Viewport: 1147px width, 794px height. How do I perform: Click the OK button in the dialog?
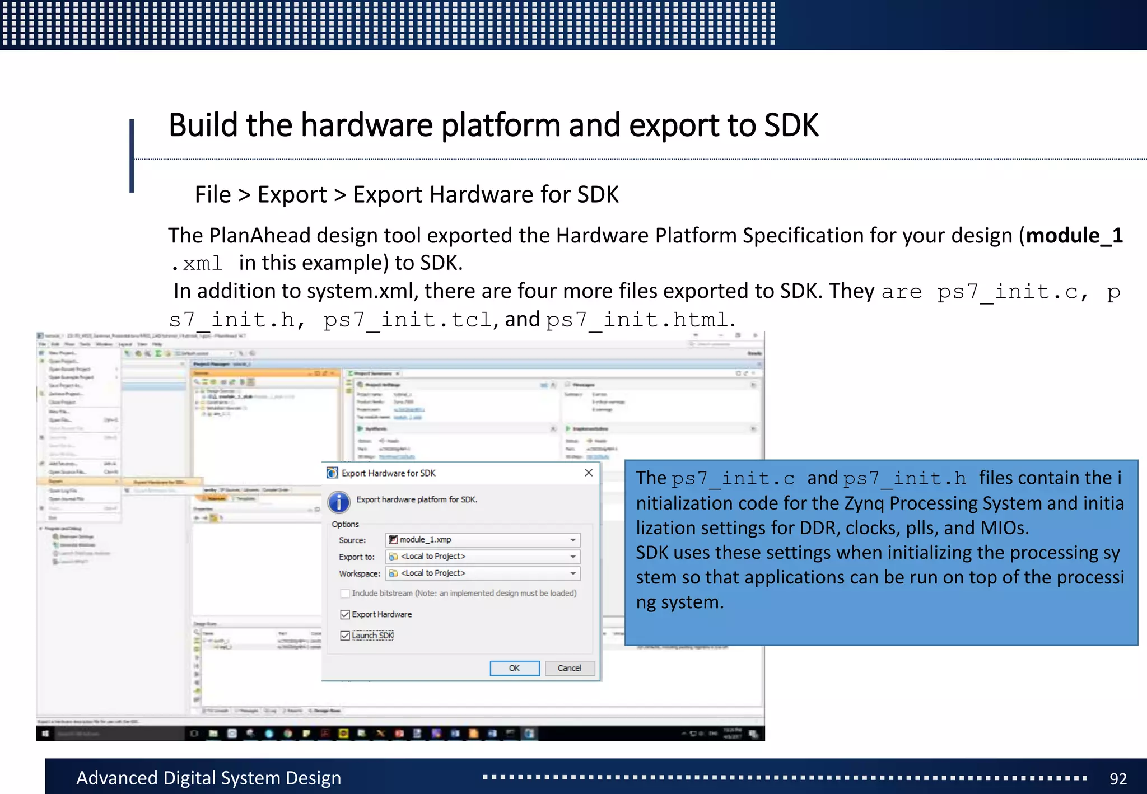point(514,668)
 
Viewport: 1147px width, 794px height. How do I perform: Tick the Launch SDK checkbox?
point(345,636)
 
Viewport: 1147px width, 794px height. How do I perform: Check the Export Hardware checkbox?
point(345,615)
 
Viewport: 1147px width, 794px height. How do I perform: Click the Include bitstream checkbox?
point(345,594)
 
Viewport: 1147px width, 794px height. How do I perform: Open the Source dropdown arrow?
point(573,540)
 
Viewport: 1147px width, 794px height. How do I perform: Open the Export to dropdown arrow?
point(573,557)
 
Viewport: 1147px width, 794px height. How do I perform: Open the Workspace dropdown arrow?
point(573,573)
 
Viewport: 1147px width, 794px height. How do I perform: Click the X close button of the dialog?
point(589,473)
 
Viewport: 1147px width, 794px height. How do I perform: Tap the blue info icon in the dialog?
point(339,502)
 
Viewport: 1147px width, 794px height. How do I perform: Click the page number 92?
point(1118,779)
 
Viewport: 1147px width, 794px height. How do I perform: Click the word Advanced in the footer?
point(116,778)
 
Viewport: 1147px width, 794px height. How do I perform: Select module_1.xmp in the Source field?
point(425,540)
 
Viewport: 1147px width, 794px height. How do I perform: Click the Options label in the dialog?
point(345,524)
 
